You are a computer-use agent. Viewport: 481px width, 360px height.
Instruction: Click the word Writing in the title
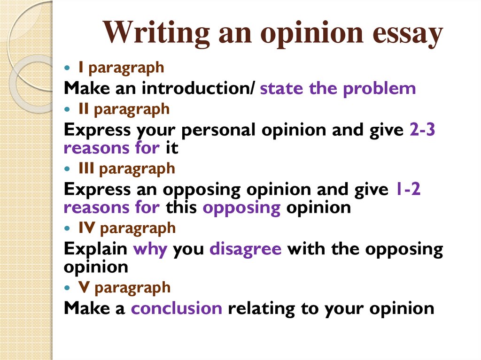tap(156, 33)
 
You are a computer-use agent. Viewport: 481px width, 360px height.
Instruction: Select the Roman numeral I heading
tap(81, 67)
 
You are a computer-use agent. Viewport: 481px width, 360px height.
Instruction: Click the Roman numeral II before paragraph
tap(84, 108)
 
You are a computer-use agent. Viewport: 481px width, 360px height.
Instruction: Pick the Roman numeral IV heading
tap(86, 227)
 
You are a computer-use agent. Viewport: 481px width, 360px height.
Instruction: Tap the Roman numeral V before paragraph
tap(84, 287)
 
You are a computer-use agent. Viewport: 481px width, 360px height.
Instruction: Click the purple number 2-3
tap(422, 129)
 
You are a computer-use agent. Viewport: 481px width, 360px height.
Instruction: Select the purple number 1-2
tap(408, 189)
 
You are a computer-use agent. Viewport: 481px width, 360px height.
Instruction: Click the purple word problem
tap(379, 89)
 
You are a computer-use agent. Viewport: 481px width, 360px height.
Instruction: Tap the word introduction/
tap(198, 88)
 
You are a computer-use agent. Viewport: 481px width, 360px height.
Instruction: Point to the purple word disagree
tap(245, 249)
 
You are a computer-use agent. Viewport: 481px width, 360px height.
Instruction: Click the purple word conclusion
tap(177, 308)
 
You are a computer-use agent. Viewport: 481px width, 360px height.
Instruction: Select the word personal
tap(218, 130)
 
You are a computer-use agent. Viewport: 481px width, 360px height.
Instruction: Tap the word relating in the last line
tap(261, 309)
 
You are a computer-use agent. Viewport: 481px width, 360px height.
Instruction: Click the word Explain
tap(95, 249)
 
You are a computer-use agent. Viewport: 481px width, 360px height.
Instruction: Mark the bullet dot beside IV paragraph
tap(68, 228)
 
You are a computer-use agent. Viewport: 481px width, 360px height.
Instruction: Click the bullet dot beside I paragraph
tap(68, 68)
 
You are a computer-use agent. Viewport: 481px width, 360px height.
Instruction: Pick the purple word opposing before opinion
tap(241, 208)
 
